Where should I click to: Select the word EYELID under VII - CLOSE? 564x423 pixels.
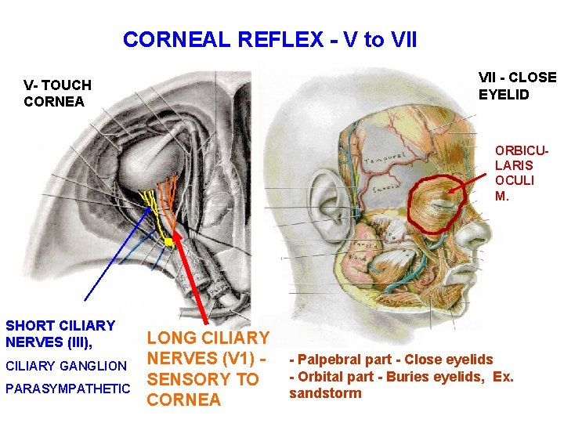pyautogui.click(x=504, y=95)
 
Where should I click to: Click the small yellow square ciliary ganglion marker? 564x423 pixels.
pyautogui.click(x=168, y=242)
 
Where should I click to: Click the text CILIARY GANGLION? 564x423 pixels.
pyautogui.click(x=66, y=366)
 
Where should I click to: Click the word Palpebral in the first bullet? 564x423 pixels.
pyautogui.click(x=327, y=360)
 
